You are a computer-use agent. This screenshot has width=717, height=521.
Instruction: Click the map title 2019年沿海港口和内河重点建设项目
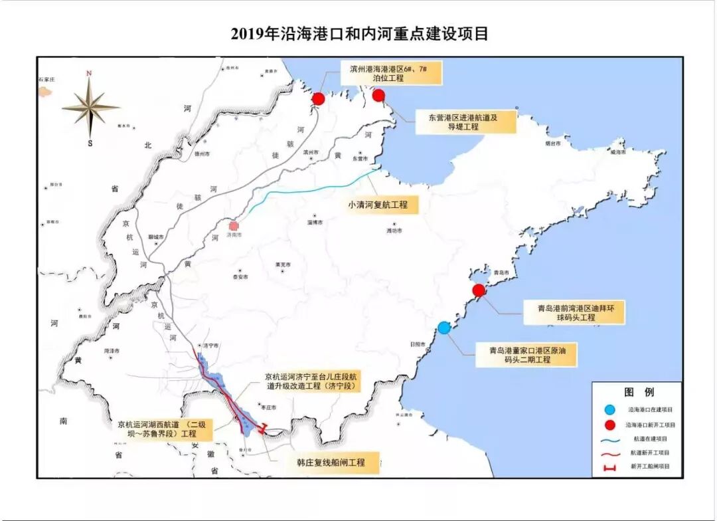point(359,33)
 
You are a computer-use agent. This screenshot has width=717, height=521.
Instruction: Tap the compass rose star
point(90,106)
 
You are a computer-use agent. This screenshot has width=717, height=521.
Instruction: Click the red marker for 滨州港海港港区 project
point(318,99)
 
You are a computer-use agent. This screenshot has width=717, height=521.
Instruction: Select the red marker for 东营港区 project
point(378,96)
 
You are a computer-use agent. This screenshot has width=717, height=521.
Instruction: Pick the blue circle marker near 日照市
point(444,327)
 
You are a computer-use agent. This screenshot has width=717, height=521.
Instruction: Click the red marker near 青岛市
point(479,290)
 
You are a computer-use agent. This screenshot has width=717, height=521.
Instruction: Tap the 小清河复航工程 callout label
point(378,205)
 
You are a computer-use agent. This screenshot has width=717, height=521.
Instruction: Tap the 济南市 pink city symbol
point(233,226)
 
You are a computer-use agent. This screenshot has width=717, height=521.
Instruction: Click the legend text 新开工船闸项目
point(649,467)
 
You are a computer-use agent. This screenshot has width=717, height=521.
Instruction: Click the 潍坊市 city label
point(394,231)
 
